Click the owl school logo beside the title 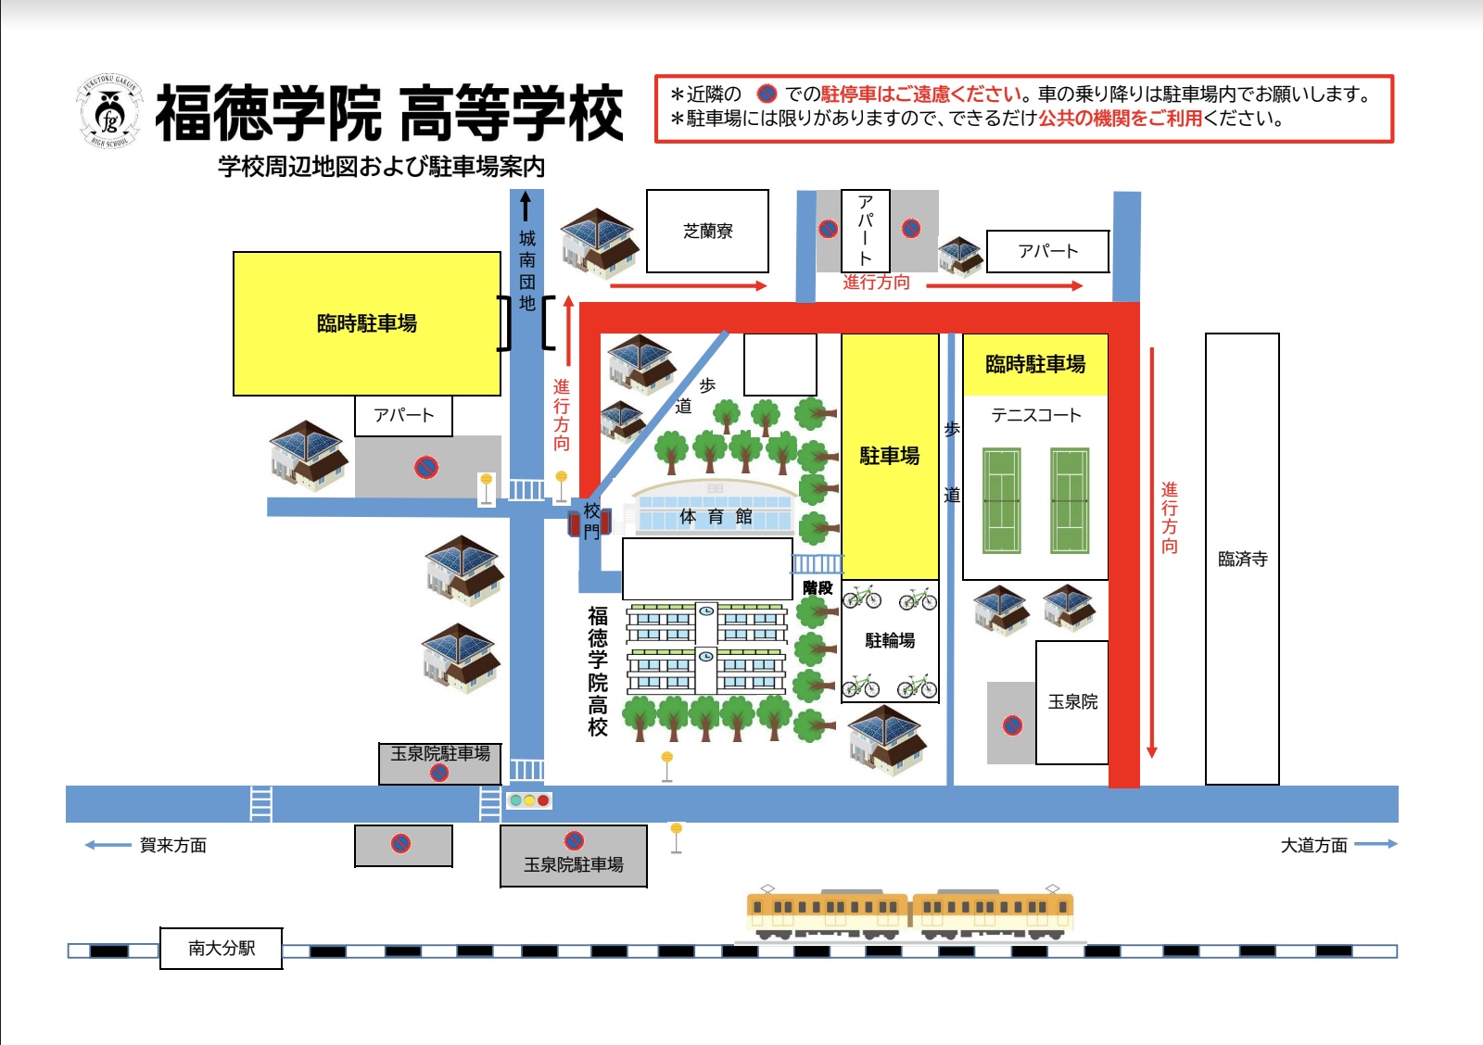coord(109,111)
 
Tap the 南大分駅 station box coord(222,949)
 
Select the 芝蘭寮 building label coord(708,231)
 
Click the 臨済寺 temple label coord(1243,560)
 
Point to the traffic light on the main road coord(528,800)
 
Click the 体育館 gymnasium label coord(716,516)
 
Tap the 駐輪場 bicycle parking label coord(890,640)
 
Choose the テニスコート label coord(1035,415)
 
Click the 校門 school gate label coord(592,520)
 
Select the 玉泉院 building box coord(1071,702)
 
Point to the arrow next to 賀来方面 coord(108,845)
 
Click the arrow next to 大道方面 coord(1375,844)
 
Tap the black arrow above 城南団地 coord(526,206)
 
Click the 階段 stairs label coord(818,587)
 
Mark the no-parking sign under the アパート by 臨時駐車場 coord(426,467)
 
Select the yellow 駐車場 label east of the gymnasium coord(890,456)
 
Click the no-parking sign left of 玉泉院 coord(1012,725)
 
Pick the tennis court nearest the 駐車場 coord(1002,500)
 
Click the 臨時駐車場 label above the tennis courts coord(1035,364)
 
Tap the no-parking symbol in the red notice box coord(767,94)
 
